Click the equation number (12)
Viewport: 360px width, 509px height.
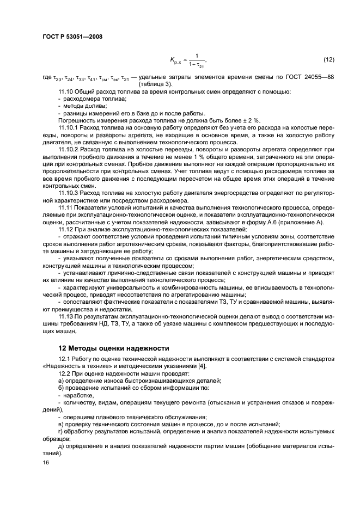(328, 59)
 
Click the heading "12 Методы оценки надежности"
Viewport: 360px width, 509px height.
(114, 347)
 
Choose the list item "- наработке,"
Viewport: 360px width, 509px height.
(81, 395)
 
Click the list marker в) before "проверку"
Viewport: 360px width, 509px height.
(61, 424)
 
